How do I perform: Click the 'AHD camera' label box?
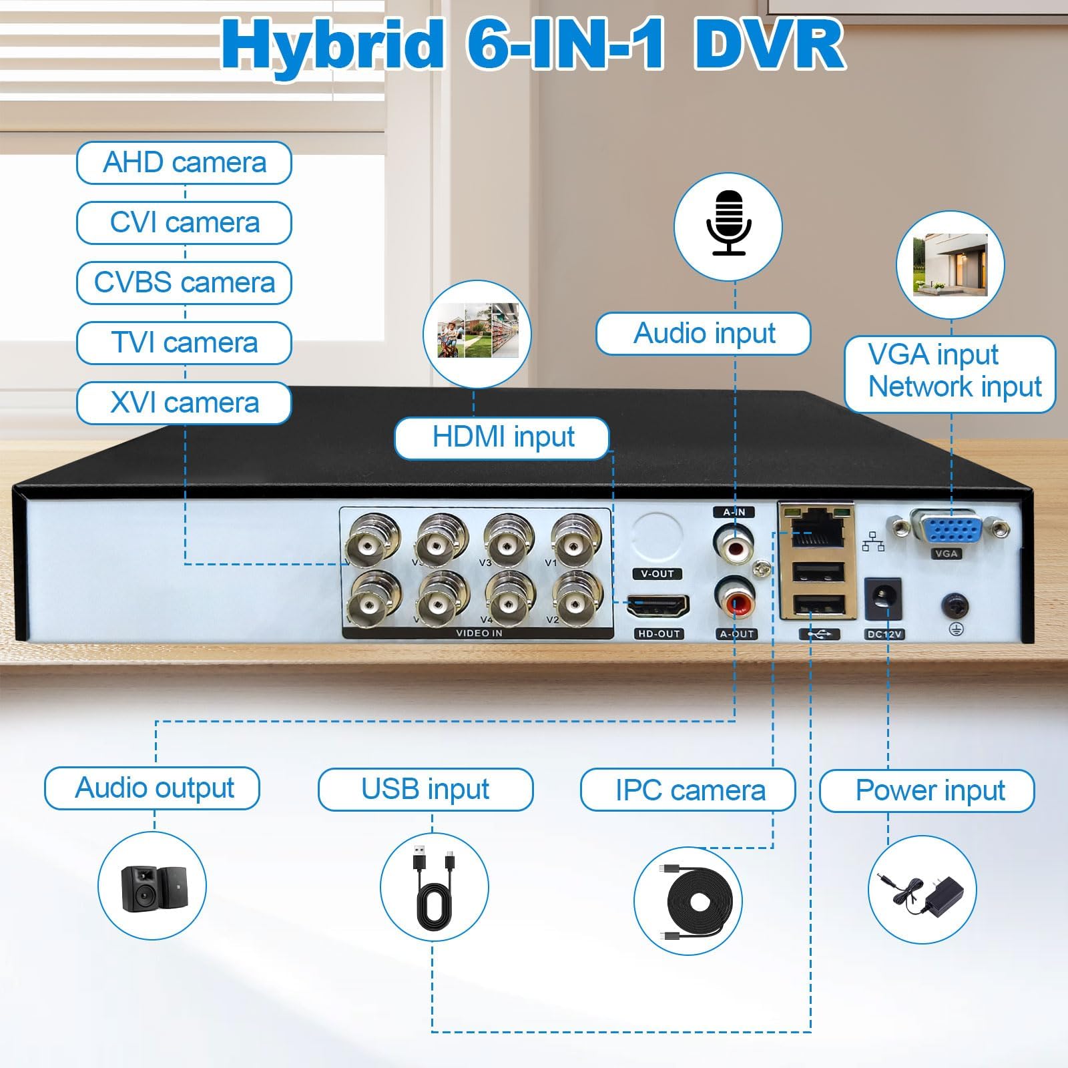pos(184,162)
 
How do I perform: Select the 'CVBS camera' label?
pos(184,282)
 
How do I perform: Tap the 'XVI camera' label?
pos(184,403)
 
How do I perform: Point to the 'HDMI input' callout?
pos(502,438)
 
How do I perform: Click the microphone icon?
pos(728,222)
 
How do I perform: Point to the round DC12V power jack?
pos(884,600)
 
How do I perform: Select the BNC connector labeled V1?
pos(576,539)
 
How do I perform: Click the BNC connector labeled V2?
pos(578,597)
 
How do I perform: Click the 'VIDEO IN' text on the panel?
pos(479,633)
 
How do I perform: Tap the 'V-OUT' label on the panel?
pos(657,574)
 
